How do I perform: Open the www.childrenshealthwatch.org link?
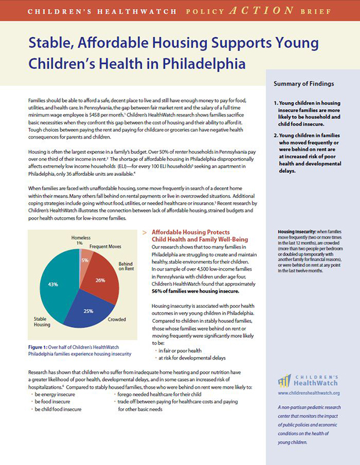point(309,393)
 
